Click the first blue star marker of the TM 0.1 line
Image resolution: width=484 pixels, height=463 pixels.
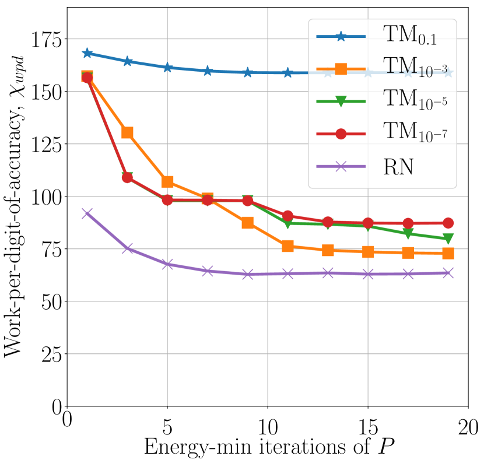pos(87,53)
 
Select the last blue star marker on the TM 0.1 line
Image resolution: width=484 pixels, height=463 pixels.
pos(448,73)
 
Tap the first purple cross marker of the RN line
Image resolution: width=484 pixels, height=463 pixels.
pos(87,213)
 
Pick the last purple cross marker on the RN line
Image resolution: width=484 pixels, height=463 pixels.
pos(448,273)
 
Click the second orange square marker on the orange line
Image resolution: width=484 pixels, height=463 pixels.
pos(127,132)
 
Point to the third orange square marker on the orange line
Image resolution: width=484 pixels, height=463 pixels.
pos(167,182)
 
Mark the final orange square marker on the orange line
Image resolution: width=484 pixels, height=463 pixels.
pos(448,253)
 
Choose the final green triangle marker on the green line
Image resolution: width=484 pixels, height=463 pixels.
pos(448,238)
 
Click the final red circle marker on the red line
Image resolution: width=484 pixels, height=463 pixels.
pos(448,223)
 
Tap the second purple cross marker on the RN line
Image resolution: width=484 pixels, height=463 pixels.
pos(127,248)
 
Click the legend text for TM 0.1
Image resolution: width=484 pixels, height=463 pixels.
pos(409,36)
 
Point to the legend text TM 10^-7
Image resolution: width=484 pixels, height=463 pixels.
pos(415,134)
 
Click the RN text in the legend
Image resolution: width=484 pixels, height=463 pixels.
pos(398,167)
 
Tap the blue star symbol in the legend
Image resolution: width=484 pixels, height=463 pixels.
pos(341,37)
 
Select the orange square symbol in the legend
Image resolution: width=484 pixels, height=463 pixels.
pos(341,69)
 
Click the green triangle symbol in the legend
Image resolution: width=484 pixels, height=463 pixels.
pos(341,101)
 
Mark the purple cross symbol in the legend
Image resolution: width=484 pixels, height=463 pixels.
pos(341,167)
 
